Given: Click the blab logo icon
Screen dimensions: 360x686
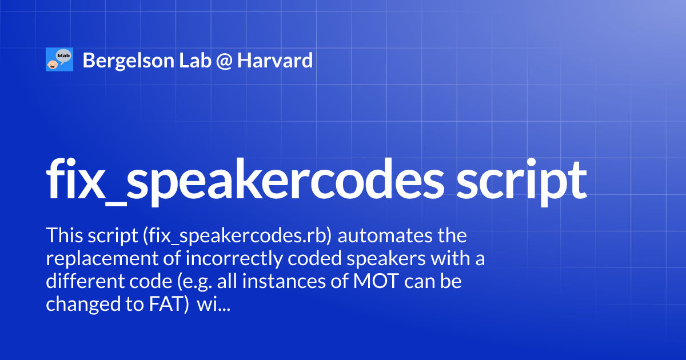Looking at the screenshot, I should coord(59,59).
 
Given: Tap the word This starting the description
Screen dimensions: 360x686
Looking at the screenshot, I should coord(65,235).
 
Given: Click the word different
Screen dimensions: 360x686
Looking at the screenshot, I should coord(83,282).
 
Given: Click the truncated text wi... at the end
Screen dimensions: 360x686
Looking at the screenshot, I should coord(213,306).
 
